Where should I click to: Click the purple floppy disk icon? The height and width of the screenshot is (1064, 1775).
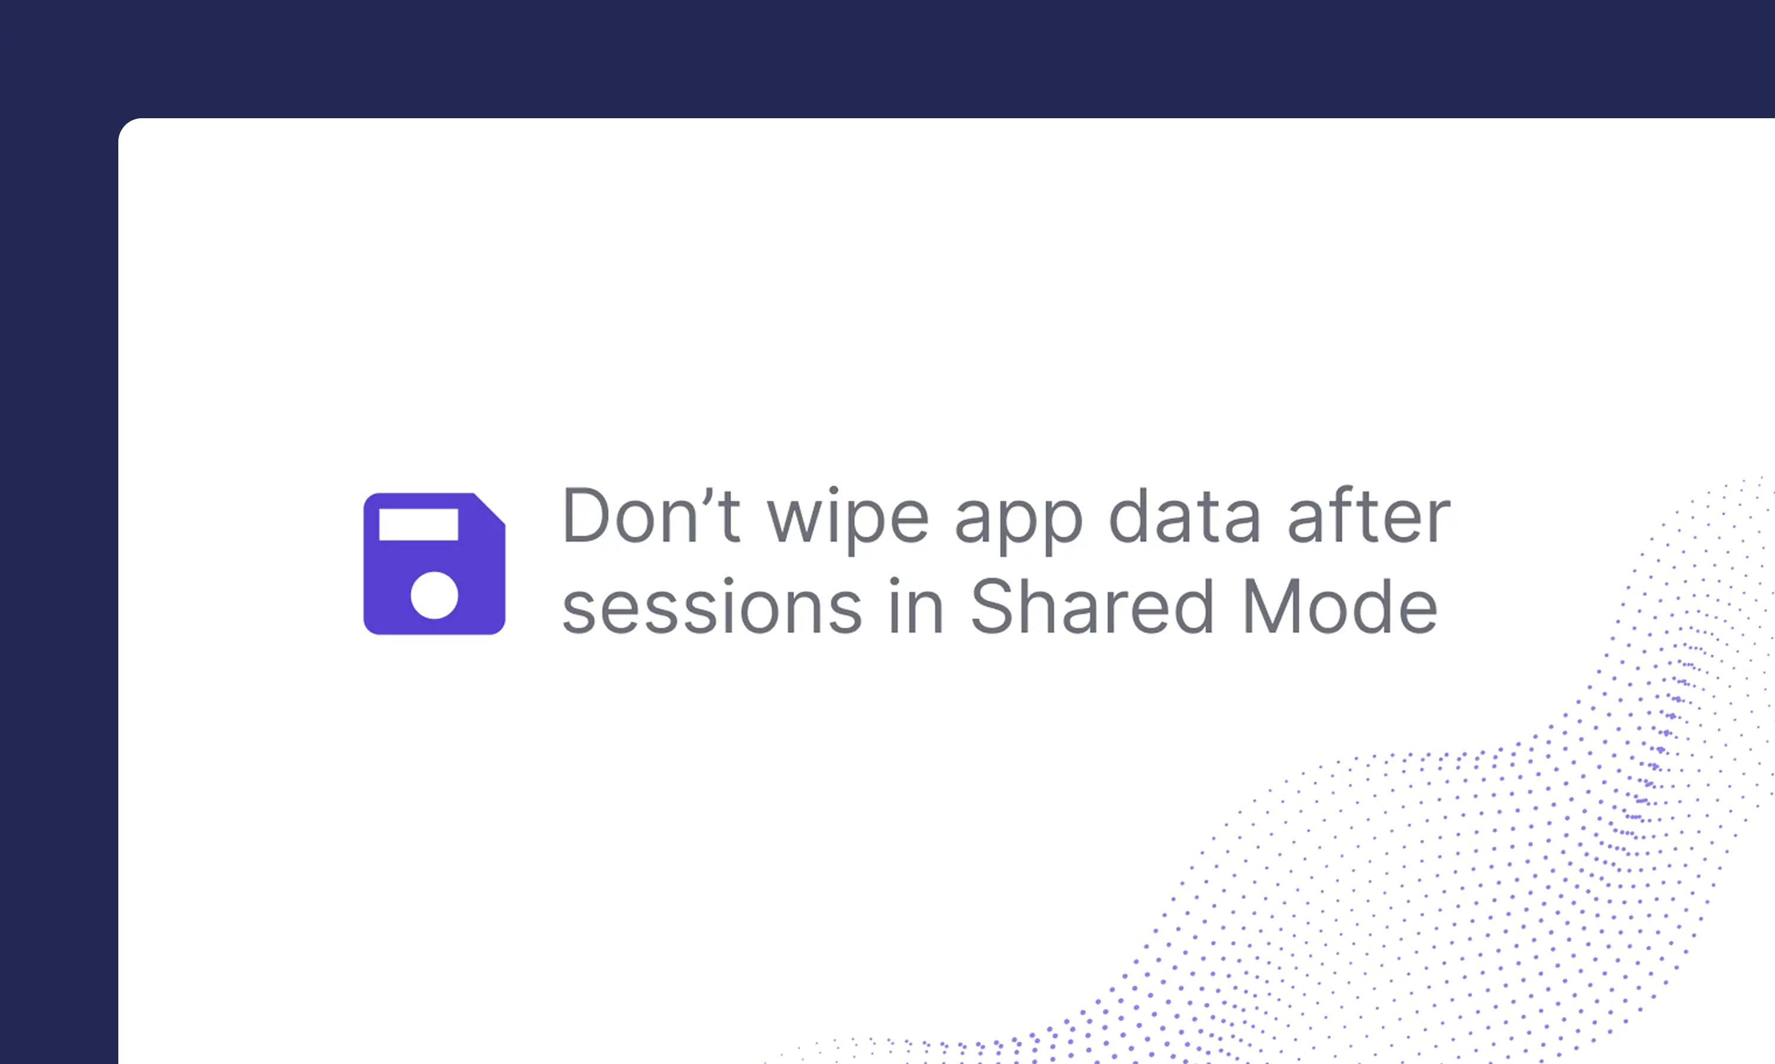pos(434,563)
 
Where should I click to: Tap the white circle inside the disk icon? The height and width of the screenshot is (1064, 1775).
pos(434,595)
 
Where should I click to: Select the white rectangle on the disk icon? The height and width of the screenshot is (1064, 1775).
pos(418,525)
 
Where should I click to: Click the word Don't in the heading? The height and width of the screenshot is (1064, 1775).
pos(651,515)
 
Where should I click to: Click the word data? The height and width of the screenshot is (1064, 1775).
pos(1185,515)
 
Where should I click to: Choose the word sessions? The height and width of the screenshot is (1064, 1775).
pos(712,606)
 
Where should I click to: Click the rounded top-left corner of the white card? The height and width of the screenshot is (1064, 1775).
pos(125,125)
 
